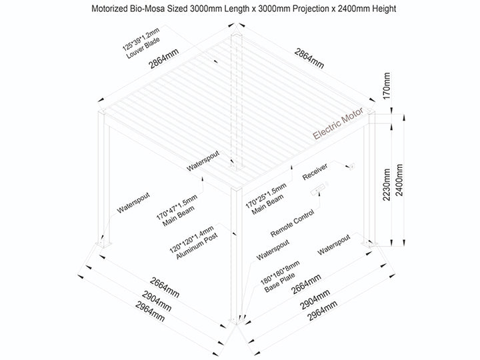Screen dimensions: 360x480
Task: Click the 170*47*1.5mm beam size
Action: [x=175, y=203]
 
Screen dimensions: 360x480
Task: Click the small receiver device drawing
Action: [x=351, y=166]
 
